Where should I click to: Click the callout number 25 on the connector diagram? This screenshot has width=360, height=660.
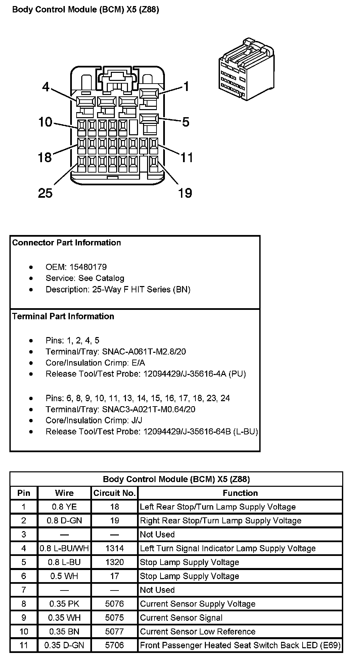tap(45, 193)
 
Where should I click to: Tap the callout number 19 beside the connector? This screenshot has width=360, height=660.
tap(185, 193)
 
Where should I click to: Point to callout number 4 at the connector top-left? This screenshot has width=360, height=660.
tap(46, 87)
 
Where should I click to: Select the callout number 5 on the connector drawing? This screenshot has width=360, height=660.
tap(186, 122)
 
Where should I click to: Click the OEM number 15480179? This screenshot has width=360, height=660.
tap(88, 267)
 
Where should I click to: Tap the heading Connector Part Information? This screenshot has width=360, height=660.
tap(66, 243)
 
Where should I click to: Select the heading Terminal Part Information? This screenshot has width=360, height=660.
tap(63, 316)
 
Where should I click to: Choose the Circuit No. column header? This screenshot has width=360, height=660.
tap(115, 493)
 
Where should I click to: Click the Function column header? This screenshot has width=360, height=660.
tap(240, 493)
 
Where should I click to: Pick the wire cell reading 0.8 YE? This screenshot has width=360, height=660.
tap(64, 507)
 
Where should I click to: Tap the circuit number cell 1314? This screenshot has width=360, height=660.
tap(115, 548)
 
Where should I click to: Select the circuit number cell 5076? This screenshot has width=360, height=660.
tap(115, 604)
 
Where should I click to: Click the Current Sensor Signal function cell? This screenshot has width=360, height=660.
tap(181, 618)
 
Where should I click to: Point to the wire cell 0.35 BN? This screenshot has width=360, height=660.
tap(64, 631)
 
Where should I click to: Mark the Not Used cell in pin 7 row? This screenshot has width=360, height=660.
tap(157, 590)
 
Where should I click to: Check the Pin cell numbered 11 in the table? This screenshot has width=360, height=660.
tap(24, 645)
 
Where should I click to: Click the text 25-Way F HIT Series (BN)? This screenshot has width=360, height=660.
tap(141, 289)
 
